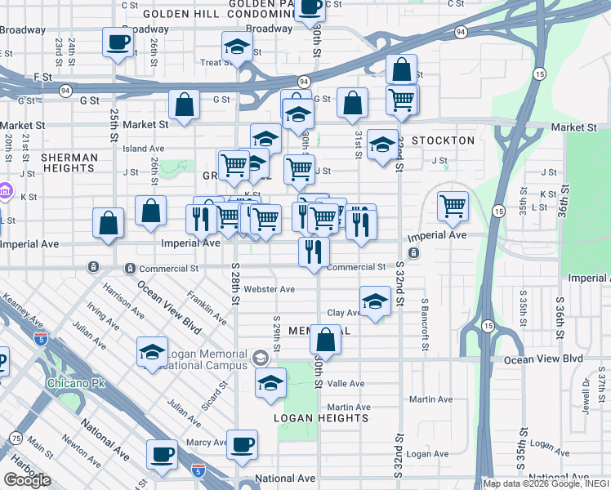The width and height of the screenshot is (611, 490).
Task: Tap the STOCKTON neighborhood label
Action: [443, 140]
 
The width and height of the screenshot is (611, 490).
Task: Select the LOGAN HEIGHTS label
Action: [322, 418]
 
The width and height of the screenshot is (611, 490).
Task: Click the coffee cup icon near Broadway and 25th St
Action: [118, 42]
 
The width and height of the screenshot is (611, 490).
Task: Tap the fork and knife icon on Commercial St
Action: [313, 252]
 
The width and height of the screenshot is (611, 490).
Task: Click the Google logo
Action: [26, 480]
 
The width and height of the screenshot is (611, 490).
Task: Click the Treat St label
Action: [212, 62]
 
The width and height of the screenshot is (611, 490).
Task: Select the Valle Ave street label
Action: [346, 383]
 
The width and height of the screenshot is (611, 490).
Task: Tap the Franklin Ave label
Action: [206, 303]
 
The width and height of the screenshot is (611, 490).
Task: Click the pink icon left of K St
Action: [6, 192]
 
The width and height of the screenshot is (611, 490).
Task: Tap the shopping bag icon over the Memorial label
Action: [325, 341]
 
